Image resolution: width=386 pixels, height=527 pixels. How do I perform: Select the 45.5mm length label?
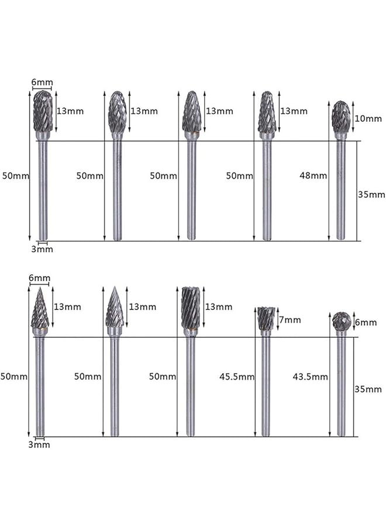click(237, 377)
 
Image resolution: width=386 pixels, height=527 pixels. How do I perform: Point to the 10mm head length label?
click(368, 119)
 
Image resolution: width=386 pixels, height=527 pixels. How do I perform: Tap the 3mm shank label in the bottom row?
click(40, 444)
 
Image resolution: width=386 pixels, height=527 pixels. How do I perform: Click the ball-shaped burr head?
click(341, 321)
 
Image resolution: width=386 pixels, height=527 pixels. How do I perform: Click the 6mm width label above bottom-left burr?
click(39, 278)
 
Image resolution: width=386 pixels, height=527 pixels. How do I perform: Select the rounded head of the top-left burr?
click(42, 111)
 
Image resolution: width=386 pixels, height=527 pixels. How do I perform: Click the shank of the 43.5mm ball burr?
click(341, 386)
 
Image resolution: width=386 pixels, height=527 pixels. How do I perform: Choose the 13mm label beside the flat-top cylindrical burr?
click(220, 307)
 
